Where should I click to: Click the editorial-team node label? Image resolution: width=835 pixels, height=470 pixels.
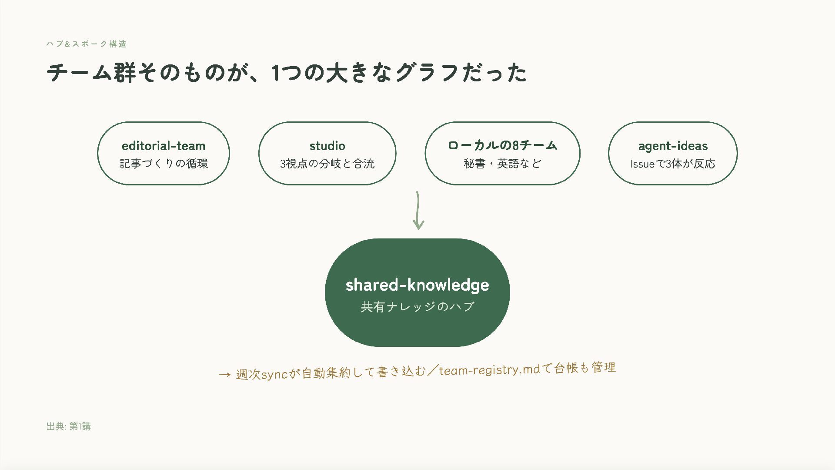tap(164, 146)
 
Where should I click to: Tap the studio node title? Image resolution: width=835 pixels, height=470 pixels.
tap(327, 146)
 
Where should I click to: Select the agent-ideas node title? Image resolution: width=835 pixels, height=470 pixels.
tap(673, 146)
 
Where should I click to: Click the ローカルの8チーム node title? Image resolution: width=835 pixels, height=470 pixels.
tap(502, 145)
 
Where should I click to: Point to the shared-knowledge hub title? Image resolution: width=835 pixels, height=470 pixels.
tap(417, 285)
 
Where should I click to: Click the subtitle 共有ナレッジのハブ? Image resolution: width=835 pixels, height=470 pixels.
tap(417, 307)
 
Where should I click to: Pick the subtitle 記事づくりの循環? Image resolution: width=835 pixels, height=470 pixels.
tap(164, 164)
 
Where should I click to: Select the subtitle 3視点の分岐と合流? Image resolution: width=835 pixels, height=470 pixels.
tap(327, 164)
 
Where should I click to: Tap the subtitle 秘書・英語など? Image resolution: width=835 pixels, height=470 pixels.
tap(502, 164)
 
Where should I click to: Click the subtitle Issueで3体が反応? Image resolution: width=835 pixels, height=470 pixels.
tap(673, 164)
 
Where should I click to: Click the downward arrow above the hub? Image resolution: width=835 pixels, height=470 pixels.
tap(418, 211)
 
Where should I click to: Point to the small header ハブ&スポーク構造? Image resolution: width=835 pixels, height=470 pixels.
tap(87, 44)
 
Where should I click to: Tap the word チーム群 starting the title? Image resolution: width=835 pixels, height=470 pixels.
tap(91, 72)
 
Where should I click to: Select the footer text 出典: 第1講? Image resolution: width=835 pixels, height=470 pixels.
tap(69, 426)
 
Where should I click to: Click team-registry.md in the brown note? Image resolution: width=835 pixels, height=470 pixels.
tap(489, 370)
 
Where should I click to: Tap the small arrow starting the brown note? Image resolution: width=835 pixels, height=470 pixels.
tap(225, 375)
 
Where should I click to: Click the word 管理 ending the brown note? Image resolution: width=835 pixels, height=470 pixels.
tap(604, 368)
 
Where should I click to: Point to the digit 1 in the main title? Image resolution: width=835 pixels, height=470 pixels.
tap(275, 73)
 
